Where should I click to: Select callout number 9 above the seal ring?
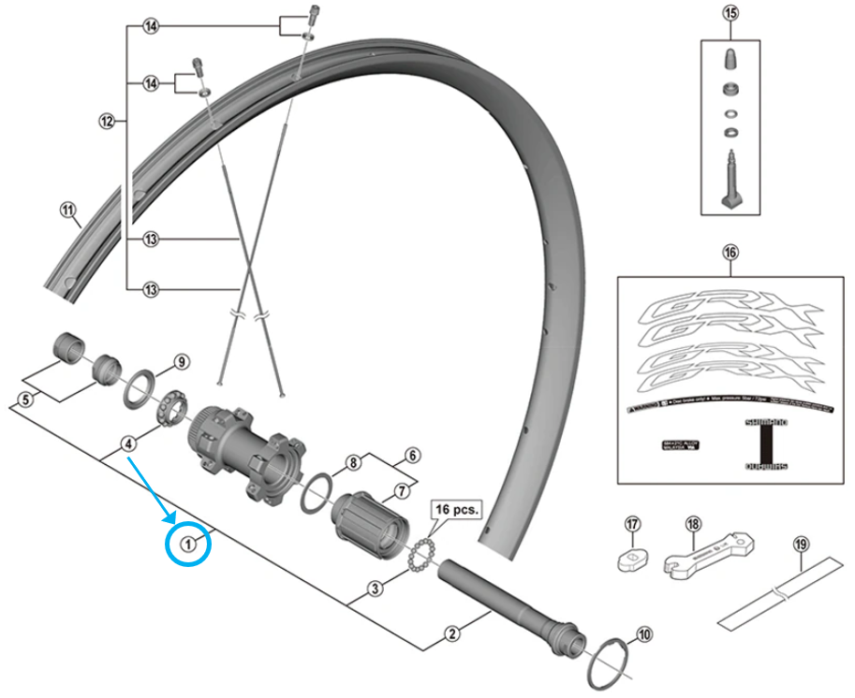pyautogui.click(x=182, y=362)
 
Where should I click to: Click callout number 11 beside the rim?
pyautogui.click(x=67, y=211)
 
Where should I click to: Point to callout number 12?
pyautogui.click(x=106, y=121)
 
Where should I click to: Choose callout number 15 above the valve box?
pyautogui.click(x=730, y=13)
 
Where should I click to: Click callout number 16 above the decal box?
pyautogui.click(x=730, y=252)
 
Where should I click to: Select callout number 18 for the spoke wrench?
pyautogui.click(x=692, y=525)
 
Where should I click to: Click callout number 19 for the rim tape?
pyautogui.click(x=800, y=543)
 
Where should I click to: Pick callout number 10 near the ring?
pyautogui.click(x=641, y=634)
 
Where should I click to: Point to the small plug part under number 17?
pyautogui.click(x=630, y=556)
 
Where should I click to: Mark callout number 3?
pyautogui.click(x=374, y=589)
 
